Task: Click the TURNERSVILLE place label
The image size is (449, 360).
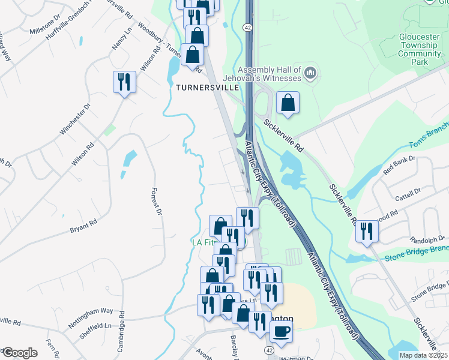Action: point(208,87)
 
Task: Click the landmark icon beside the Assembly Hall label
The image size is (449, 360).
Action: point(310,74)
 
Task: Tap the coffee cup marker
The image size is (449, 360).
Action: point(280,330)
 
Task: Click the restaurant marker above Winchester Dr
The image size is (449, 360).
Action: point(125,82)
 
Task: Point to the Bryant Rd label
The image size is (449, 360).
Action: point(83,226)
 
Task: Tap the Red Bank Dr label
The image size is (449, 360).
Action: point(399,166)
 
